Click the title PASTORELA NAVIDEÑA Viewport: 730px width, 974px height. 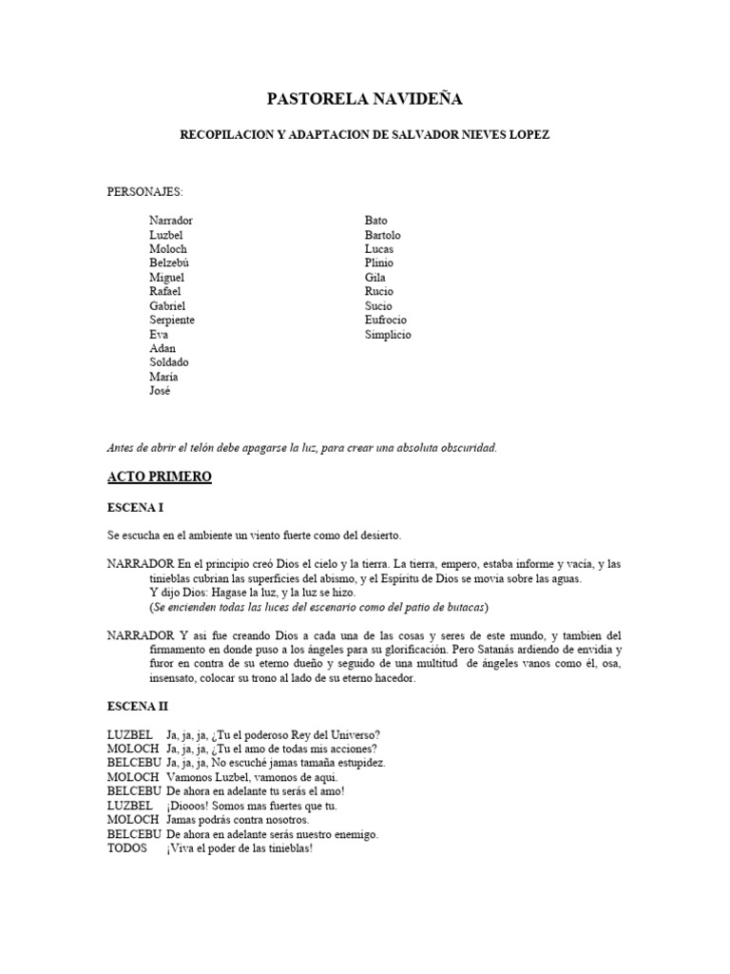click(365, 99)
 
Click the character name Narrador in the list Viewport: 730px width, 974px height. click(171, 220)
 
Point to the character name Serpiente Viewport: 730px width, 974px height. click(172, 320)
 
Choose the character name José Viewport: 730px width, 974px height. click(160, 391)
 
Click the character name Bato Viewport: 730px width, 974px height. click(376, 220)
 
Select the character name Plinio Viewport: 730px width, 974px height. click(379, 263)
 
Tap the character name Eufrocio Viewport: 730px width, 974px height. click(386, 320)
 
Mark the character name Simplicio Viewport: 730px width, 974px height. click(388, 334)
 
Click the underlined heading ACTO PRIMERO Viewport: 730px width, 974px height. click(159, 477)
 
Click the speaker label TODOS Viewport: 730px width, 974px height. click(127, 848)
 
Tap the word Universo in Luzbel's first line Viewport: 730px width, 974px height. click(353, 734)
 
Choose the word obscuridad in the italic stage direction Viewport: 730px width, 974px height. click(464, 447)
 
